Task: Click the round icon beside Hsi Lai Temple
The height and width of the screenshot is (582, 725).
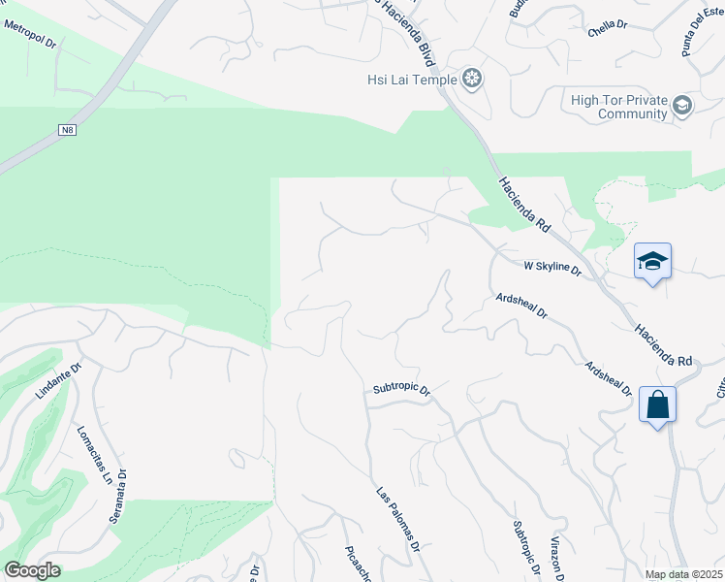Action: pyautogui.click(x=472, y=79)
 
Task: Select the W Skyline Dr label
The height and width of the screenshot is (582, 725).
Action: pyautogui.click(x=552, y=267)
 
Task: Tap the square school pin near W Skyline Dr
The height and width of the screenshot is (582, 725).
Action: pyautogui.click(x=652, y=261)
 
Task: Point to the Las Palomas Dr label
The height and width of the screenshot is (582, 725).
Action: pyautogui.click(x=398, y=520)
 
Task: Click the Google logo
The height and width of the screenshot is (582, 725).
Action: pyautogui.click(x=31, y=570)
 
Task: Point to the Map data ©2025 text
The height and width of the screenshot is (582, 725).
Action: pyautogui.click(x=683, y=573)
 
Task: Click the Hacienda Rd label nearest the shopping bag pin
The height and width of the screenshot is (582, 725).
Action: pyautogui.click(x=665, y=344)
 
